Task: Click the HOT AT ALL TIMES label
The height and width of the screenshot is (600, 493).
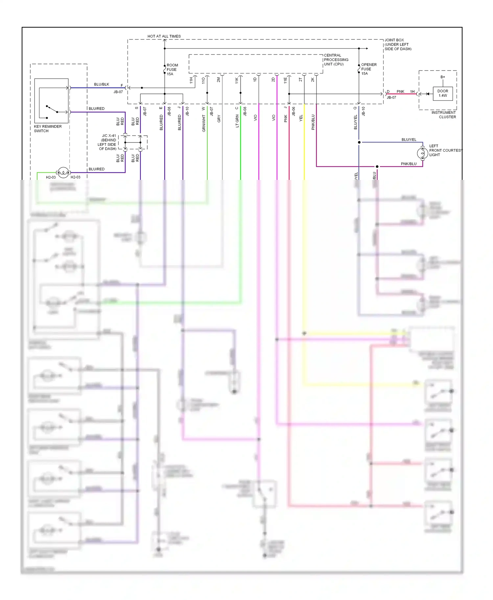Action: click(x=164, y=36)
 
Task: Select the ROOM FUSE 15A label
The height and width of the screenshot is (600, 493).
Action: click(x=172, y=70)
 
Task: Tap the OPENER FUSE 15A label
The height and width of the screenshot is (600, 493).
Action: click(x=368, y=69)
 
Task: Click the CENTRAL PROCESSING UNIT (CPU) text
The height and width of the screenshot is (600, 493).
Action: click(x=336, y=60)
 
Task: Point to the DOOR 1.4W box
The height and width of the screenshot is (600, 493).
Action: click(x=442, y=94)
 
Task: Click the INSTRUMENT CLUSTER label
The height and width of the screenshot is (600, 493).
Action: click(x=443, y=115)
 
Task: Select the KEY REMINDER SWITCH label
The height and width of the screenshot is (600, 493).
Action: click(x=48, y=129)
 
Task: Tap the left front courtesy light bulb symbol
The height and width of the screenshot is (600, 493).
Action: click(x=422, y=153)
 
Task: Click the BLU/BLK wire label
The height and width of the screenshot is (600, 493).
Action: click(x=102, y=84)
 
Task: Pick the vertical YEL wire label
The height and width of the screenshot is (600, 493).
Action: click(x=301, y=118)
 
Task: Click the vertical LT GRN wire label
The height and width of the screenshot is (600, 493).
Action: click(x=237, y=121)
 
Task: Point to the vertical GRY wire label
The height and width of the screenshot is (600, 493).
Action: click(x=219, y=119)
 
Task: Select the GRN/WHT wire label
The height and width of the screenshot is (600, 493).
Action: click(x=204, y=123)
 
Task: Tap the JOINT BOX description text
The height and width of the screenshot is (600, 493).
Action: click(x=398, y=44)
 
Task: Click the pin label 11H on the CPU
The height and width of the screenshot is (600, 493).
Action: click(x=191, y=80)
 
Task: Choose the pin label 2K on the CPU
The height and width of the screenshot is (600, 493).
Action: click(x=313, y=80)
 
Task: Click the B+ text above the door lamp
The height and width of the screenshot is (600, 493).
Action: click(x=443, y=77)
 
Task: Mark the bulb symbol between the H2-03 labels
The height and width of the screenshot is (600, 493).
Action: click(x=63, y=172)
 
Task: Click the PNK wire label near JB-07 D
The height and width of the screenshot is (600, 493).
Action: click(x=400, y=92)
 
